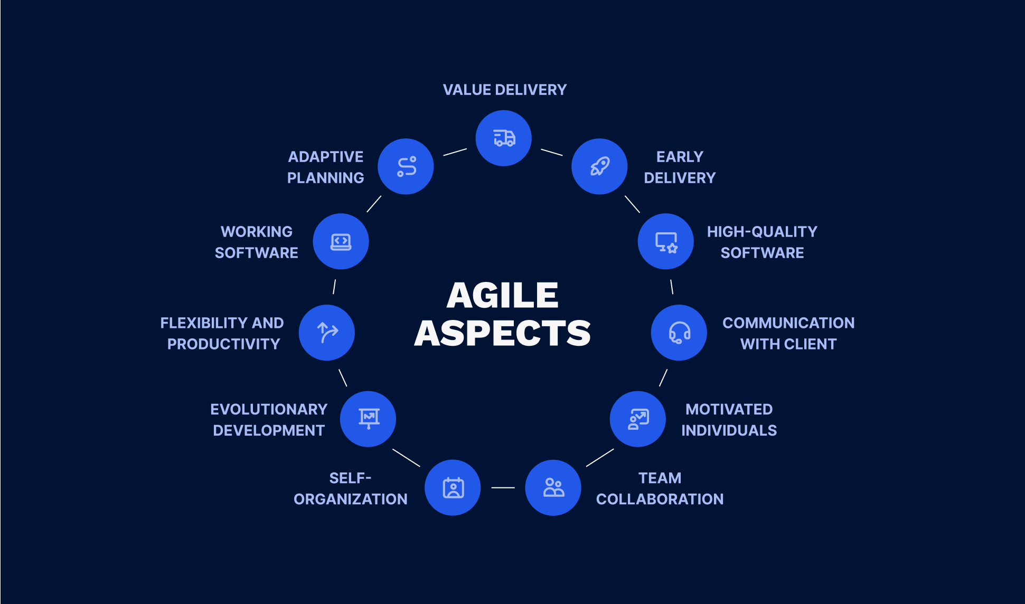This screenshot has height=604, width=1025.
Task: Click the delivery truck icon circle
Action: pos(503,138)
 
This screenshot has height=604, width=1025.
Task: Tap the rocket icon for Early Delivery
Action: pos(599,166)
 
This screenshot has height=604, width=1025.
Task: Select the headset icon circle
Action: pos(679,333)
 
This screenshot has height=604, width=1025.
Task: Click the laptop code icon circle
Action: pos(341,241)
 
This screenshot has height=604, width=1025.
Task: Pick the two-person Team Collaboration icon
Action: pos(553,487)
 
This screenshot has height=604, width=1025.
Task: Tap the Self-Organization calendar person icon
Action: pos(453,487)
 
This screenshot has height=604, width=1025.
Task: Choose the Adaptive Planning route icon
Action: pos(406,166)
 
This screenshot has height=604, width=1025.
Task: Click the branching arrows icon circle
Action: pos(327,333)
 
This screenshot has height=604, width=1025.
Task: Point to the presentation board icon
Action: pos(368,419)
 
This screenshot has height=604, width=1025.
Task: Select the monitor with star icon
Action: pos(665,241)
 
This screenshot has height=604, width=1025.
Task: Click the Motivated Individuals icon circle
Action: pos(637,419)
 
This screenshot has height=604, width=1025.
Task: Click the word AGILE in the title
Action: pos(502,295)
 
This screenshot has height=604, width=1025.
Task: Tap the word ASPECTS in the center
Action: pos(502,333)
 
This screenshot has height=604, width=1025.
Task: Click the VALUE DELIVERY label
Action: pos(504,90)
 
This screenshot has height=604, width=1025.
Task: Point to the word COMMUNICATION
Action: pos(788,323)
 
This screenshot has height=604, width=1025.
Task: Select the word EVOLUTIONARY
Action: pos(269,409)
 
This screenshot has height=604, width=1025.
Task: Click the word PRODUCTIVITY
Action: pos(223,344)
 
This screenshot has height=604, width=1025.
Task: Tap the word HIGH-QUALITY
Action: pos(761,231)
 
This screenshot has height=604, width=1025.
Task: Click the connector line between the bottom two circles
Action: pos(503,487)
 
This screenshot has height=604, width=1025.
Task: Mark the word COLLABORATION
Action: pos(660,499)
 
